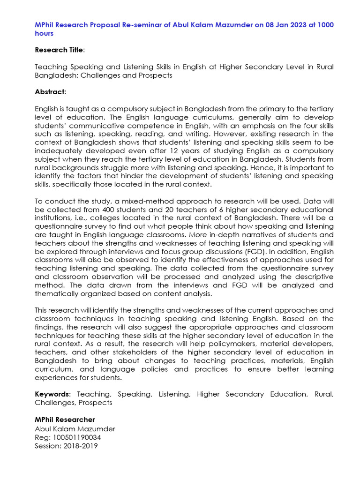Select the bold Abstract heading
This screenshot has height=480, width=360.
click(x=50, y=92)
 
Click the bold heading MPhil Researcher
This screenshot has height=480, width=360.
click(x=65, y=420)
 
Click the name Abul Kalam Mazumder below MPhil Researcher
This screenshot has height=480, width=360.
click(x=75, y=429)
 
